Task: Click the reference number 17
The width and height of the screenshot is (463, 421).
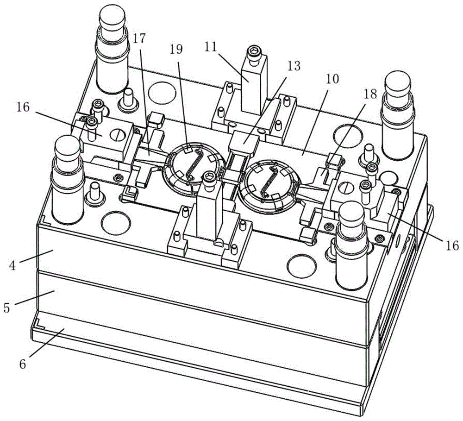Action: click(140, 39)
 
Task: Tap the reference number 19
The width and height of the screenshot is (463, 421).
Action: click(176, 49)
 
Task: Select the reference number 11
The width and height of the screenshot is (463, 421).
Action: click(210, 47)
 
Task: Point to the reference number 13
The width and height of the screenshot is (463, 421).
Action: click(294, 66)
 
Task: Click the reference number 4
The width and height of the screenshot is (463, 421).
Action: click(12, 265)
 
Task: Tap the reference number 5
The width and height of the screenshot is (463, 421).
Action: click(6, 308)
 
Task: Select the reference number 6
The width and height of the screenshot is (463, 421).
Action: click(23, 364)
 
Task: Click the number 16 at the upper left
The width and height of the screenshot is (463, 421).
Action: click(23, 107)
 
